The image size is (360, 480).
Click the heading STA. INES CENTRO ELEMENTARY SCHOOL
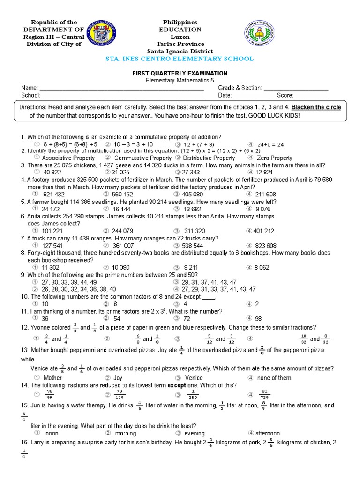(x=180, y=59)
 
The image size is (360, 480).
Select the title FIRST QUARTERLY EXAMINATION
(x=180, y=74)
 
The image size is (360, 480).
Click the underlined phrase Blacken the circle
(x=316, y=107)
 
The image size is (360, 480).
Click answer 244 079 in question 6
(x=122, y=231)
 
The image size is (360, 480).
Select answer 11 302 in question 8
(x=50, y=267)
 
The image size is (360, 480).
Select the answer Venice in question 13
(x=194, y=378)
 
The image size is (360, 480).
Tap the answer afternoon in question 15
(x=268, y=433)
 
